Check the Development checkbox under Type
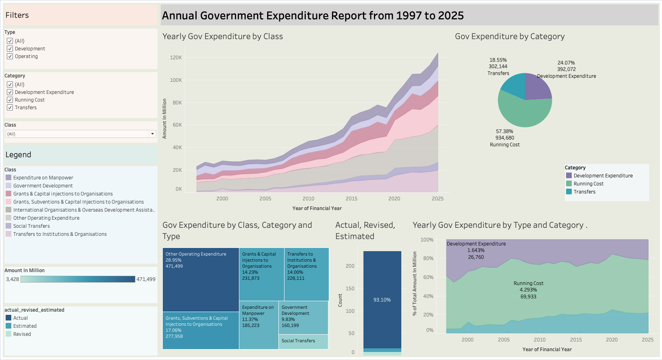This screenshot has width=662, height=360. [x=10, y=49]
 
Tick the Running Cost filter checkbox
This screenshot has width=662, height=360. [x=10, y=100]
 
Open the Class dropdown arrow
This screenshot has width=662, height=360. [x=152, y=134]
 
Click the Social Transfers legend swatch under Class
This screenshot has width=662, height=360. [x=8, y=226]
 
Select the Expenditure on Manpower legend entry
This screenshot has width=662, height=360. [x=43, y=178]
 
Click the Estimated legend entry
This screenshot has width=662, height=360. [x=25, y=326]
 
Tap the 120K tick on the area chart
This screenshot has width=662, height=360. [x=176, y=58]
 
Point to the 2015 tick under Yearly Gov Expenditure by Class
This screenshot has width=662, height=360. [x=351, y=199]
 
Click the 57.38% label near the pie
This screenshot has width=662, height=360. [x=504, y=131]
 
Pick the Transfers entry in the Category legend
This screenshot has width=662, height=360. [x=584, y=192]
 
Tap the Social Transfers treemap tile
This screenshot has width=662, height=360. [x=303, y=341]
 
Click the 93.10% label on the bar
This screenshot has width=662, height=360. [x=382, y=300]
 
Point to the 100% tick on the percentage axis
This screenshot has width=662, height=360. [x=427, y=240]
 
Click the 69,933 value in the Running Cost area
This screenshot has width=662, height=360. [x=528, y=297]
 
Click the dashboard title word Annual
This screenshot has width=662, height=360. [x=179, y=16]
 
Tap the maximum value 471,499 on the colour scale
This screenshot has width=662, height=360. [x=146, y=279]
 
